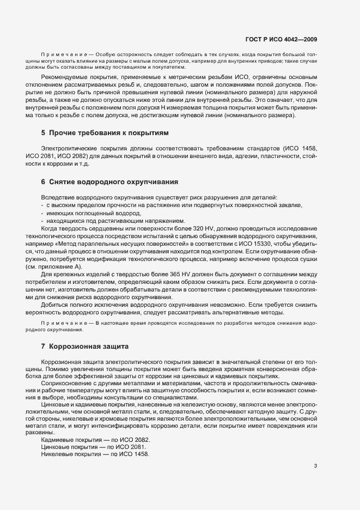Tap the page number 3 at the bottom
click(316, 466)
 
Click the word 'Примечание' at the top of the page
click(60, 56)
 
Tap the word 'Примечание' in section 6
click(60, 323)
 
